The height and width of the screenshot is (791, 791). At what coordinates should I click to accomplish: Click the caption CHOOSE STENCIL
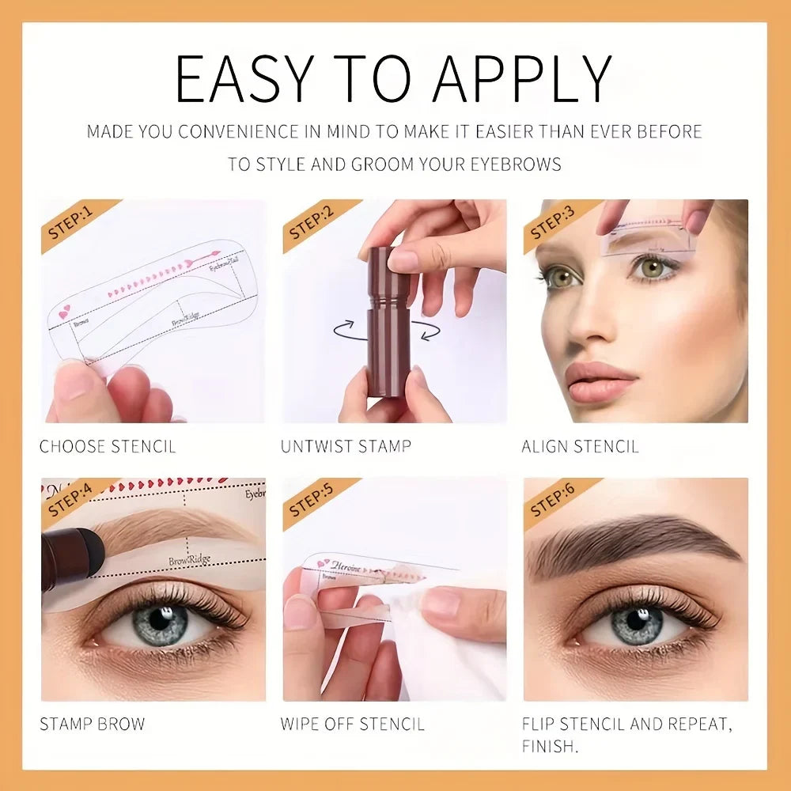tap(108, 447)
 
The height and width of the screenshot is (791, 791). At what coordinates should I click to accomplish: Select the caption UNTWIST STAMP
tap(346, 447)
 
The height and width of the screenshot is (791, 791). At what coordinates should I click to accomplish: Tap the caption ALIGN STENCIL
tap(580, 447)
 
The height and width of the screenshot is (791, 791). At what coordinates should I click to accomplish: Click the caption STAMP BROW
tap(93, 724)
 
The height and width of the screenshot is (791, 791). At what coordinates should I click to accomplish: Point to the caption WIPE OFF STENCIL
tap(352, 724)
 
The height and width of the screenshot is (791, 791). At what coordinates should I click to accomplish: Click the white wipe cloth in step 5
tap(451, 649)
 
